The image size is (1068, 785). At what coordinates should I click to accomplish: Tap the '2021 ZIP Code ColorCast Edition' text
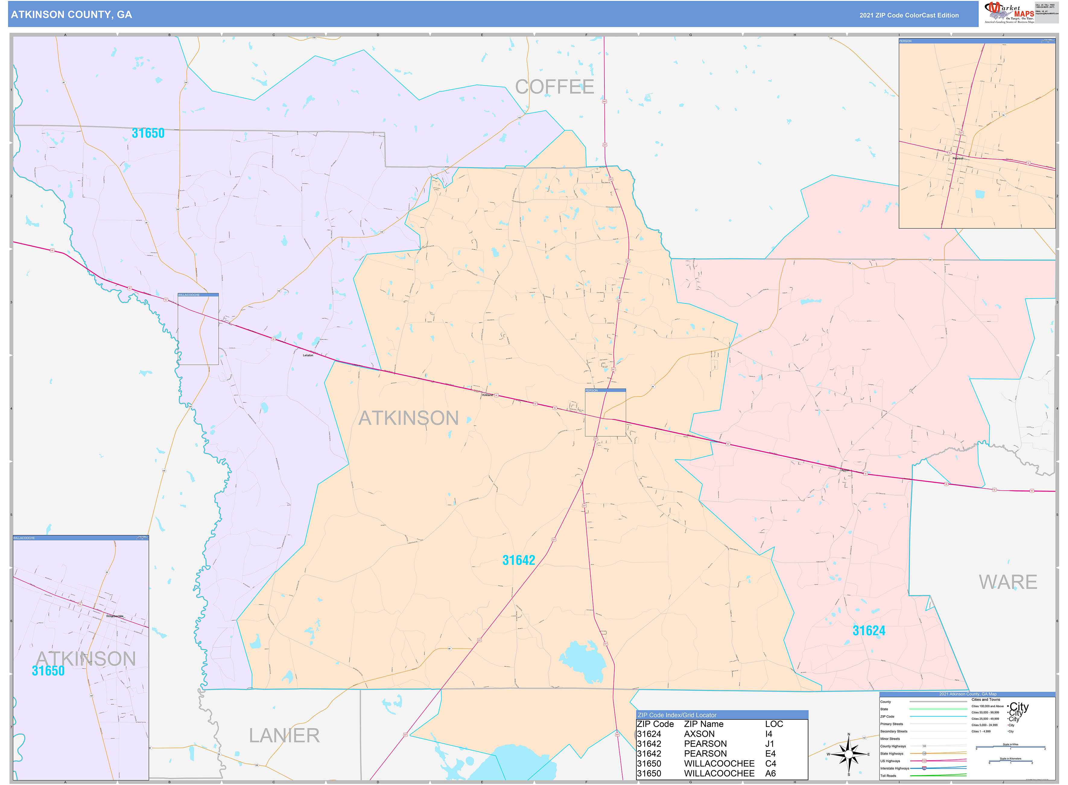click(x=908, y=15)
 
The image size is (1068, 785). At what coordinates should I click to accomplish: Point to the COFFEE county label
click(x=554, y=87)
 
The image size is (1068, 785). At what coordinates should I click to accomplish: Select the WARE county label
click(x=1008, y=583)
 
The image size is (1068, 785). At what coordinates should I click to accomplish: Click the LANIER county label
click(x=284, y=735)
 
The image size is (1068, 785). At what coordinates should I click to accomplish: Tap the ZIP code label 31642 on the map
click(x=518, y=560)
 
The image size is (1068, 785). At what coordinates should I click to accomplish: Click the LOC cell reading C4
click(x=770, y=764)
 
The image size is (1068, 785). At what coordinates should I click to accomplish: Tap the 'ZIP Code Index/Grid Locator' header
click(x=677, y=715)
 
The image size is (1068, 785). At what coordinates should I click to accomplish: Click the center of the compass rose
click(x=849, y=754)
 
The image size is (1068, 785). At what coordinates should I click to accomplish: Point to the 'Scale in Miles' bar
click(x=1011, y=748)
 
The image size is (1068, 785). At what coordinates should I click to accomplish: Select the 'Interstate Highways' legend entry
click(x=894, y=768)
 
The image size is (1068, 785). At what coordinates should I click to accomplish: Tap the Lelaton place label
click(x=308, y=355)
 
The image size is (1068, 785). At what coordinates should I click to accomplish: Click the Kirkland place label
click(x=487, y=395)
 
